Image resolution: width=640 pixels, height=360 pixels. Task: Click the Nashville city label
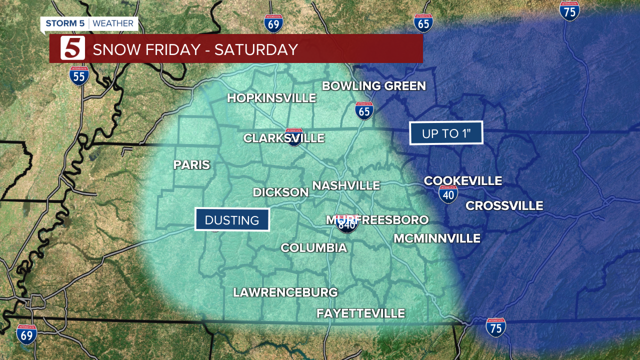(346, 185)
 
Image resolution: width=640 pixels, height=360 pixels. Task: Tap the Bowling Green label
(373, 86)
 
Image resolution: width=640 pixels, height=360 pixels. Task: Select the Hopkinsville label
(271, 98)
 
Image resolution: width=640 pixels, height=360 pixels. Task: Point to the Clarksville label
(283, 138)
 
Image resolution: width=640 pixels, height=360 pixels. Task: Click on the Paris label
(191, 165)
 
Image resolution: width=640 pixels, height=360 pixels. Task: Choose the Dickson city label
(280, 192)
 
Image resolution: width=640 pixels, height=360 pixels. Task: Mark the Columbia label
(313, 248)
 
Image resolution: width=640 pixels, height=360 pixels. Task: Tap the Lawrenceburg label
(285, 292)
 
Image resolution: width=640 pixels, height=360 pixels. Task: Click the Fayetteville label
(360, 313)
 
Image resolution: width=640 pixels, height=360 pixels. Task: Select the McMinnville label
(436, 238)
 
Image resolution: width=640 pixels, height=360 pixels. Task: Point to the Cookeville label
(462, 181)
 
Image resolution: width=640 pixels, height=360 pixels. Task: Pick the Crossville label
(504, 205)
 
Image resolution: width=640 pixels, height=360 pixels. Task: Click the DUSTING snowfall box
(232, 220)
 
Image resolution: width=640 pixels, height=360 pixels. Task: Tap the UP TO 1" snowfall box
(446, 133)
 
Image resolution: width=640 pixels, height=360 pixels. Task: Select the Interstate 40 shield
(448, 194)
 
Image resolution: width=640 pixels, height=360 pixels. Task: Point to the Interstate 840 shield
(347, 224)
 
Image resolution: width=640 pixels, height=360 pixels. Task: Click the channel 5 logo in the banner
(72, 48)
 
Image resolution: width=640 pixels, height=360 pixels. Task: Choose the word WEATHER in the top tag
(113, 23)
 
